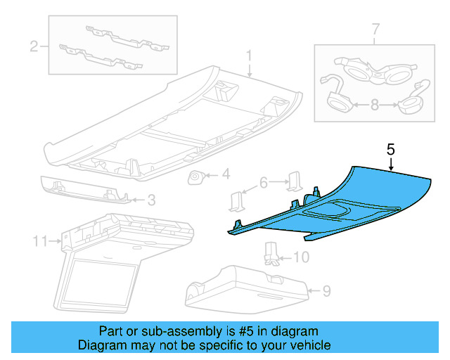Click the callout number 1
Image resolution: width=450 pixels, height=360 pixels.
[x=248, y=54]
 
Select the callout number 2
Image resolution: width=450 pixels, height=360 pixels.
[x=33, y=47]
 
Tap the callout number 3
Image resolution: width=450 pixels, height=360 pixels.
[x=150, y=200]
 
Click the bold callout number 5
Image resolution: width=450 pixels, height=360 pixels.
[x=391, y=150]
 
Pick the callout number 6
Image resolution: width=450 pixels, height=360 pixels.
[x=264, y=182]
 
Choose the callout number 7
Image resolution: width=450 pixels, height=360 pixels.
[x=375, y=30]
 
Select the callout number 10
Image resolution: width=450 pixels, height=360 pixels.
[x=300, y=257]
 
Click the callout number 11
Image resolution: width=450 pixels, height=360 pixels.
[x=39, y=242]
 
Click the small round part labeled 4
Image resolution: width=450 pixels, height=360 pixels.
[x=196, y=177]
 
